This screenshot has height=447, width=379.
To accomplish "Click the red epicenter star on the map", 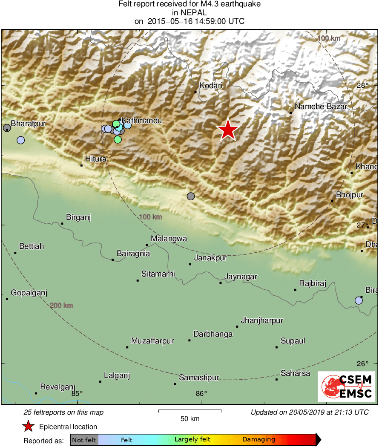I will point(228,130).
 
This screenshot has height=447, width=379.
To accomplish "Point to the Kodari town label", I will point(211,86).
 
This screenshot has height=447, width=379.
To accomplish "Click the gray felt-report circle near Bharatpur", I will point(7,128).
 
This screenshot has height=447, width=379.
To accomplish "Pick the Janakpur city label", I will point(210,258).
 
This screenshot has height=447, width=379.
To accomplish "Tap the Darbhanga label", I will point(213,334).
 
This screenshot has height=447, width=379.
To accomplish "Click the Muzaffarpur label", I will point(152,341).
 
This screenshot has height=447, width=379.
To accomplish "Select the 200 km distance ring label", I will point(61,306).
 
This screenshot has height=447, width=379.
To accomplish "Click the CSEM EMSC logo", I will point(347,386).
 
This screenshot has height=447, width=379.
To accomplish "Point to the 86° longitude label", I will point(201,393).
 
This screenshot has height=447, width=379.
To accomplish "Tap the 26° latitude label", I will point(363,364).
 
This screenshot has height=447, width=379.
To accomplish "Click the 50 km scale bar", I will point(190,411).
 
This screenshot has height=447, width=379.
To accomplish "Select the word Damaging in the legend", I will point(259,439).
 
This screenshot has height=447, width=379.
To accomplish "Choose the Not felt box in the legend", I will point(84,439).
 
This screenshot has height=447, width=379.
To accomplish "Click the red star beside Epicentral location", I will point(28,426).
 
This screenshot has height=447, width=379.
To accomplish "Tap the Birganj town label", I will point(79,217).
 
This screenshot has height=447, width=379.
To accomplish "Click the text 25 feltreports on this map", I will point(63,412).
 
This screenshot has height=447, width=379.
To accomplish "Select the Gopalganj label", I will point(29,293).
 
